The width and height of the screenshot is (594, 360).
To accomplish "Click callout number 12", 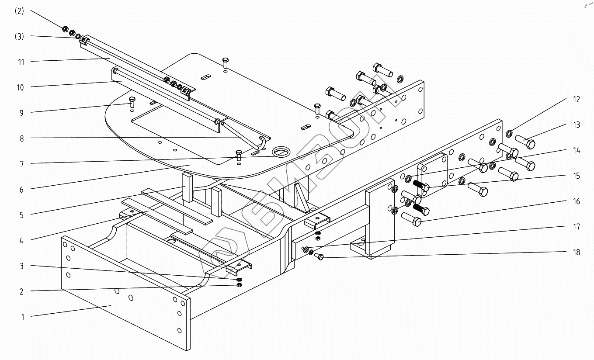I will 577,100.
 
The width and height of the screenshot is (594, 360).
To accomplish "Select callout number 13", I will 577,125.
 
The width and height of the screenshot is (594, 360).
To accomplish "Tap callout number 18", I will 577,252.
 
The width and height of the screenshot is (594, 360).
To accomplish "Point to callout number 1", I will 23,317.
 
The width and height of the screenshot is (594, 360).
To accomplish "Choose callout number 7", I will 21,164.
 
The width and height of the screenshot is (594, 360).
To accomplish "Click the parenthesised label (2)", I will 19,11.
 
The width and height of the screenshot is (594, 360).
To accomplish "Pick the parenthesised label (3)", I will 19,37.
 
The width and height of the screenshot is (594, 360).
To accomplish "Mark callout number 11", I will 21,62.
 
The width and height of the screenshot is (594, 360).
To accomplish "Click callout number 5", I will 21,215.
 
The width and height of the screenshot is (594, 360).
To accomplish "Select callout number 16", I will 577,201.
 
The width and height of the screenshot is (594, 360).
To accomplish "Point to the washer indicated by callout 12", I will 510,133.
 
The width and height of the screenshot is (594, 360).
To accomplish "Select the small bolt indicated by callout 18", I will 319,256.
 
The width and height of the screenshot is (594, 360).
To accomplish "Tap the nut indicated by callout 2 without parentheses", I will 239,285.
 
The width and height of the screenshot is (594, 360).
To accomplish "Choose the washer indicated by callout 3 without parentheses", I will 240,279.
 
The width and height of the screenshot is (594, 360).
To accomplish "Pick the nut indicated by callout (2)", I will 65,29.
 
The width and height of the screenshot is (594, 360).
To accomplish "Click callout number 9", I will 21,113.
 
